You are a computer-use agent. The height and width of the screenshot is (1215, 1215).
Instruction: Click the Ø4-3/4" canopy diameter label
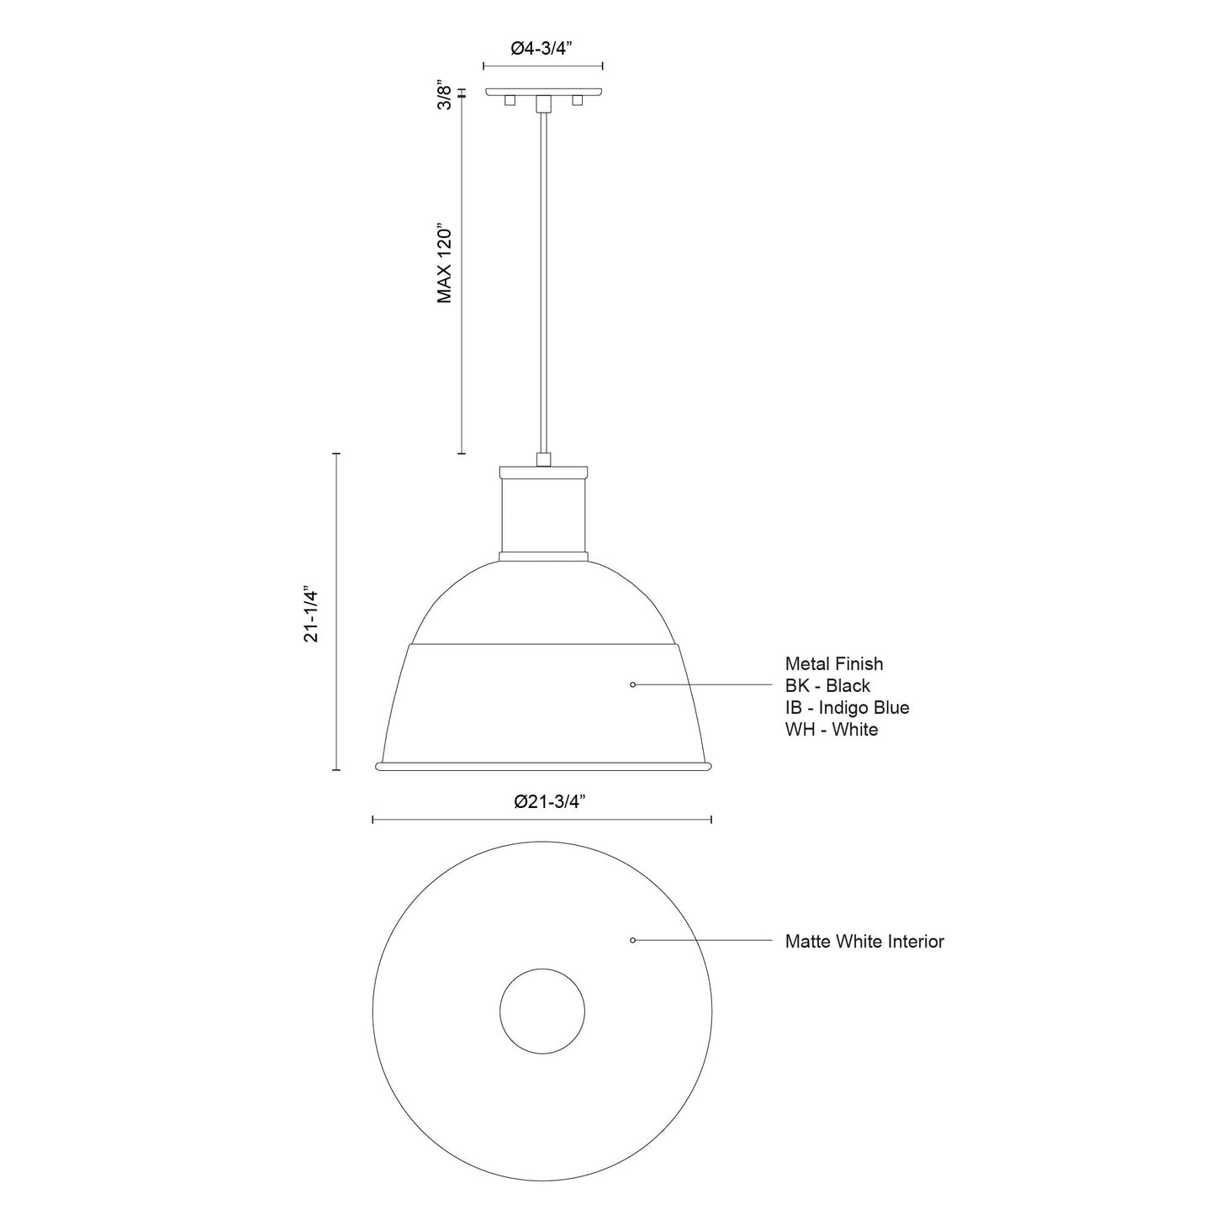[542, 49]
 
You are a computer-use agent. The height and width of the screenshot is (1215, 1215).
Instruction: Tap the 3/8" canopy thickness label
[446, 96]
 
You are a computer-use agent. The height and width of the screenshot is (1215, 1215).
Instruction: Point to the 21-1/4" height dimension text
[312, 615]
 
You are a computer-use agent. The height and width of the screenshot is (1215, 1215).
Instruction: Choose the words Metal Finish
[834, 664]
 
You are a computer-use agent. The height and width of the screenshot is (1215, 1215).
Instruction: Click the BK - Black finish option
[827, 686]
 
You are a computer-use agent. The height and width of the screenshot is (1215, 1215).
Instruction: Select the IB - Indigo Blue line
[847, 708]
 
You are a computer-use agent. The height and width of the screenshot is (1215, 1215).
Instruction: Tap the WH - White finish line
[831, 730]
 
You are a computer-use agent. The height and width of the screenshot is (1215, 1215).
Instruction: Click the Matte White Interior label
[864, 942]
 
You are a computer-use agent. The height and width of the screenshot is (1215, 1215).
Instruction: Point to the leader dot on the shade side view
[632, 685]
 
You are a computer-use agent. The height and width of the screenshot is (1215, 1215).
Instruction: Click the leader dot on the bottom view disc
[632, 940]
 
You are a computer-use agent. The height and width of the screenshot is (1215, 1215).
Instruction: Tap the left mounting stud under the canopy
[508, 101]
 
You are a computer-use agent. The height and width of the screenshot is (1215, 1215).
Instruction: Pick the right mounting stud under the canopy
[577, 101]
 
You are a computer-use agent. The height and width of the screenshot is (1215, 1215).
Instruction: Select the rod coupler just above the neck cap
[543, 459]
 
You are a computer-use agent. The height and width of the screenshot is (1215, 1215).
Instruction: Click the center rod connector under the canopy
[543, 103]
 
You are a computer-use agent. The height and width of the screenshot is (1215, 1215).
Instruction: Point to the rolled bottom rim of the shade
[543, 766]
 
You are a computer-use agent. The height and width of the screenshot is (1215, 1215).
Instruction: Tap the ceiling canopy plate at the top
[543, 91]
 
